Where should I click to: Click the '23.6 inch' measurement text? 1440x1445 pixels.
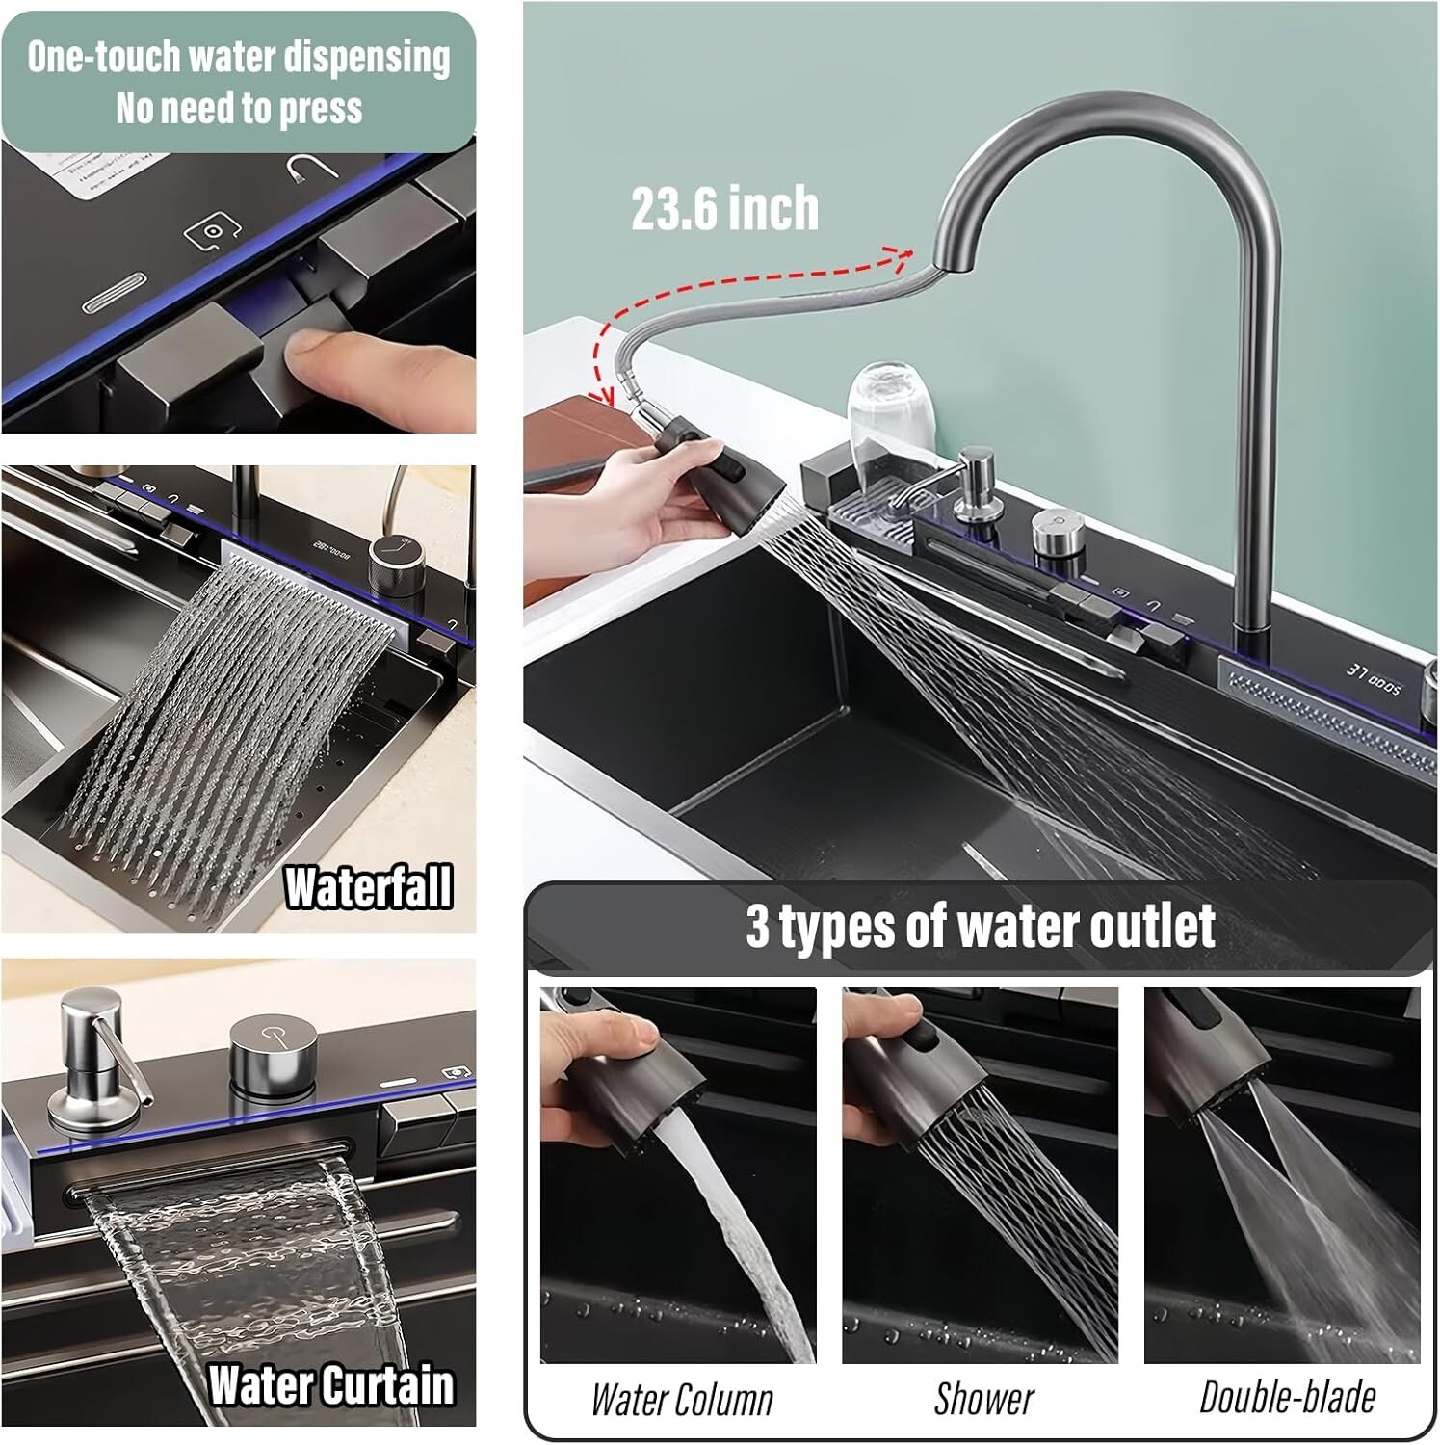click(724, 209)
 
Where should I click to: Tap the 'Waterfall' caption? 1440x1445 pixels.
click(368, 887)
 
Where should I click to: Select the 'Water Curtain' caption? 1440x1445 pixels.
click(330, 1385)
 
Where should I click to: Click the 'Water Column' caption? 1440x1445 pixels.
click(682, 1400)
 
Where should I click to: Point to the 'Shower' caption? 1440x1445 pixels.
click(983, 1399)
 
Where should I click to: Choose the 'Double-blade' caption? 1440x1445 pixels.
click(1287, 1397)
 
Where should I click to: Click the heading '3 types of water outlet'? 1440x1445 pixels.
click(980, 926)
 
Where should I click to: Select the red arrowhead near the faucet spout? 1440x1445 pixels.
click(903, 253)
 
